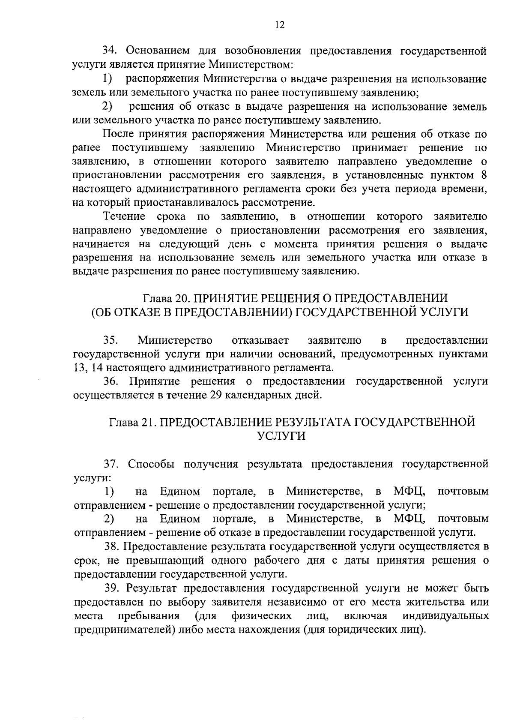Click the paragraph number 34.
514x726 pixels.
110,51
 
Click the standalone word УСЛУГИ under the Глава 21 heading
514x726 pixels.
281,436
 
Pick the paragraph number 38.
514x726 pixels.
112,546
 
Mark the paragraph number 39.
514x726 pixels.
112,588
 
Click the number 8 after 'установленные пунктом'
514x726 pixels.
483,175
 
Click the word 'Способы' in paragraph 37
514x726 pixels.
150,464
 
